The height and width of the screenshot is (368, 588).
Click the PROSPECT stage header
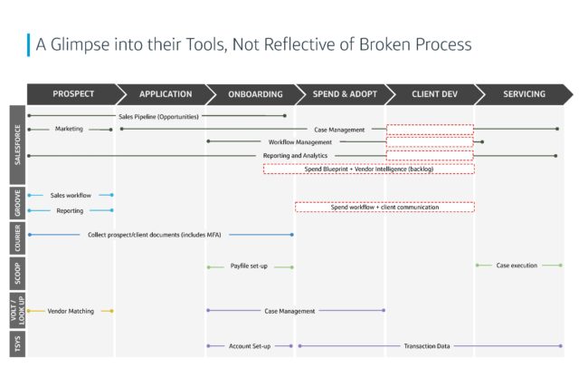pyautogui.click(x=73, y=94)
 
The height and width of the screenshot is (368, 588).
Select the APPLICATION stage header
pyautogui.click(x=166, y=94)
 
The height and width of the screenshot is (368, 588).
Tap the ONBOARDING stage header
pyautogui.click(x=255, y=94)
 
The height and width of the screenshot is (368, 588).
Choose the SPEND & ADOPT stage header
pyautogui.click(x=345, y=94)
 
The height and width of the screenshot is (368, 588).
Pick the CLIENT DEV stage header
pyautogui.click(x=434, y=94)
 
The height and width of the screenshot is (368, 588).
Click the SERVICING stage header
pyautogui.click(x=525, y=94)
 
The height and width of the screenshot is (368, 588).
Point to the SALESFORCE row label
pyautogui.click(x=17, y=145)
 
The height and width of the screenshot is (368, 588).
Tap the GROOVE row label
pyautogui.click(x=17, y=203)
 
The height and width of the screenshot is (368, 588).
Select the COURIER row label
pyautogui.click(x=17, y=238)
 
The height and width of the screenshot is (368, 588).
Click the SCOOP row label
pyautogui.click(x=17, y=273)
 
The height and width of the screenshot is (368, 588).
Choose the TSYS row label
pyautogui.click(x=17, y=344)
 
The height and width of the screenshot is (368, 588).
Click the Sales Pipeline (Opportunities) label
pyautogui.click(x=158, y=117)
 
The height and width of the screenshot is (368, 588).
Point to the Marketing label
pyautogui.click(x=69, y=129)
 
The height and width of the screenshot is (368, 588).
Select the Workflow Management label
pyautogui.click(x=300, y=142)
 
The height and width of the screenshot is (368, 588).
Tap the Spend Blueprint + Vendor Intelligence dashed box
pyautogui.click(x=368, y=169)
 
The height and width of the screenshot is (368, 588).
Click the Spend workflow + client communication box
pyautogui.click(x=384, y=208)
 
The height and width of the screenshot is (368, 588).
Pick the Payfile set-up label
pyautogui.click(x=249, y=266)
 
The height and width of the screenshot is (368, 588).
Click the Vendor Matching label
pyautogui.click(x=71, y=311)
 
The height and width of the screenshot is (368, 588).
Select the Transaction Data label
pyautogui.click(x=427, y=346)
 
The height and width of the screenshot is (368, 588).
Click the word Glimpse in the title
pyautogui.click(x=80, y=44)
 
